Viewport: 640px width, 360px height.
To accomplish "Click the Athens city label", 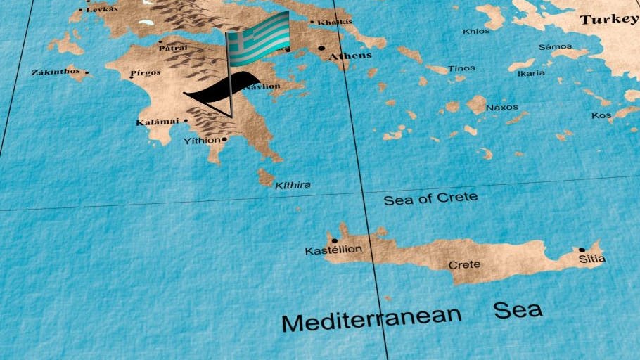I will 350,56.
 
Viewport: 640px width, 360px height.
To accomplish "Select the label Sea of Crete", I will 430,198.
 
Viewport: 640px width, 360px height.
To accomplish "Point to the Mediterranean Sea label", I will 412,316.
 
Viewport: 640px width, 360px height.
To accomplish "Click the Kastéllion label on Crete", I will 333,250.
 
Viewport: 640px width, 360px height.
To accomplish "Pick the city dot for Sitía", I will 582,250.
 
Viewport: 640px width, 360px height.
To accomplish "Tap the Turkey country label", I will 609,20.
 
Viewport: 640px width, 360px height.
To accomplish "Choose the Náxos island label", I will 502,108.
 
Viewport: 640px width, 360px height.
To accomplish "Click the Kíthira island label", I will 292,186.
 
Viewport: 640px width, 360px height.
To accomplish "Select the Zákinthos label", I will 56,72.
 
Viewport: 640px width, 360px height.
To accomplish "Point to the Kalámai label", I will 158,122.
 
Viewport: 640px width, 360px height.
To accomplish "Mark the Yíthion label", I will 201,141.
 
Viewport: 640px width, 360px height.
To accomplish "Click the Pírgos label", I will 146,72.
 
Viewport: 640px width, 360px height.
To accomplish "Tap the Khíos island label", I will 476,31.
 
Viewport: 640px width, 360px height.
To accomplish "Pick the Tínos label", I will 462,68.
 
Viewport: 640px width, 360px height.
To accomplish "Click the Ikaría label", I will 531,72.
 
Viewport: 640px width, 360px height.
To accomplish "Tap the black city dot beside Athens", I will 322,49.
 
